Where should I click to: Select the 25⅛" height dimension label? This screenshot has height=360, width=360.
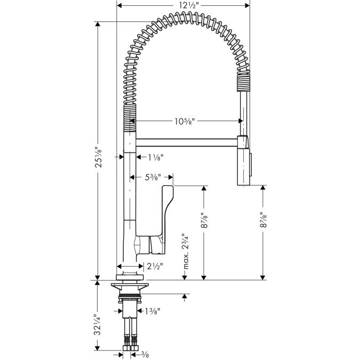[x=98, y=157]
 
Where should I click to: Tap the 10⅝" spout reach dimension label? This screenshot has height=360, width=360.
[x=185, y=121]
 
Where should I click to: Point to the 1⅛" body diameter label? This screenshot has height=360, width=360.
[x=155, y=157]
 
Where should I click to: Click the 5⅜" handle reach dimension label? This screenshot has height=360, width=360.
[x=153, y=177]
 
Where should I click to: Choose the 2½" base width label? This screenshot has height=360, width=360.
[x=155, y=266]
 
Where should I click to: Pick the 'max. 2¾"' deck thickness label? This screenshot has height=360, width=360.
[x=186, y=251]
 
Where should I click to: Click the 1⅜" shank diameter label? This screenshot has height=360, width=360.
[x=152, y=311]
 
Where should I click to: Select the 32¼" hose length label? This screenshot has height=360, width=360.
[x=98, y=325]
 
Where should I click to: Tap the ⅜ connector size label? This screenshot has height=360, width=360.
[x=145, y=355]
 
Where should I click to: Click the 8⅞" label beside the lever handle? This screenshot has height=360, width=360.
[x=204, y=220]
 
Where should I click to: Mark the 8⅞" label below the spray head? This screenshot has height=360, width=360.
[x=263, y=220]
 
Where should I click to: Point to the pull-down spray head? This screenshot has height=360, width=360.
[x=244, y=160]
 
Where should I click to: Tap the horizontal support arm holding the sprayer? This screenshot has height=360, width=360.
[x=187, y=142]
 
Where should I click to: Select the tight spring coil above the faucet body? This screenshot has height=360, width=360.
[x=130, y=117]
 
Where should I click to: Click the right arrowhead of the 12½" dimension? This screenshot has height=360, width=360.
[x=247, y=5]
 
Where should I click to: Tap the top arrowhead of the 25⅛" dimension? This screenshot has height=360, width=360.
[x=98, y=24]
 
